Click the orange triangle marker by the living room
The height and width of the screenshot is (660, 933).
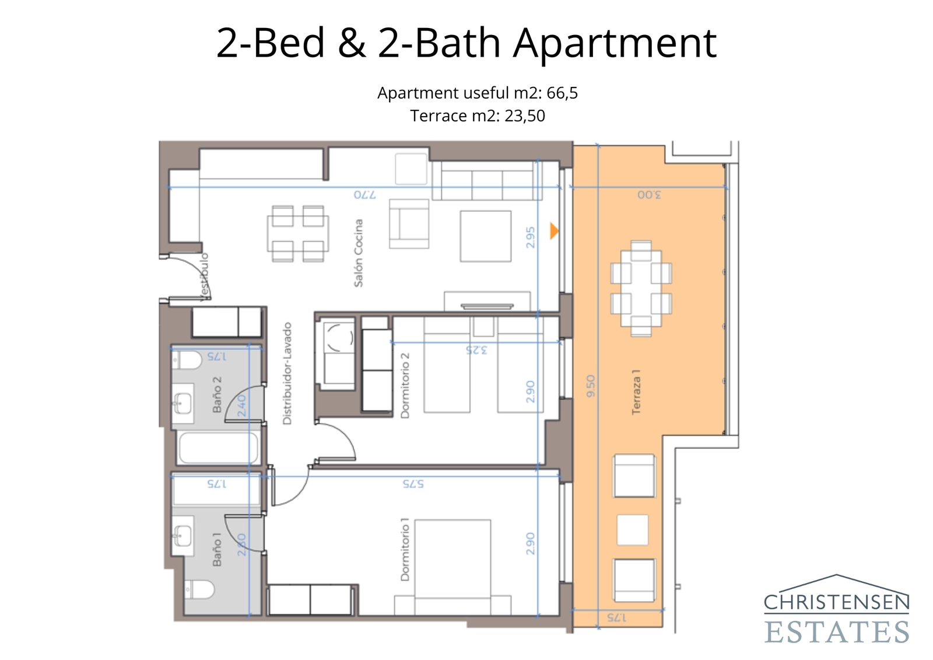tap(554, 231)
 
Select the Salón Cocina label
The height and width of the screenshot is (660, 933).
tap(358, 253)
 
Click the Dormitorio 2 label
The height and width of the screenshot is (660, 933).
tap(405, 386)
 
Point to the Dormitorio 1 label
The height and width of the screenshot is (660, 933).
tap(405, 550)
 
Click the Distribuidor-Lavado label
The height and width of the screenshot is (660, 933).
tap(287, 373)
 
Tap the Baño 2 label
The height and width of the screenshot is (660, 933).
tap(217, 394)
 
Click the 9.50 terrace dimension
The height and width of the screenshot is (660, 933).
tap(590, 386)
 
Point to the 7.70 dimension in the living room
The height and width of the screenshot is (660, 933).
tap(365, 194)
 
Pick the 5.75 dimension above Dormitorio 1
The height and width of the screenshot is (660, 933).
tap(413, 484)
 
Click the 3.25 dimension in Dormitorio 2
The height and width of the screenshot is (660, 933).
tap(476, 350)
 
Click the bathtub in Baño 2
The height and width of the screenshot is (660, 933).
tap(218, 448)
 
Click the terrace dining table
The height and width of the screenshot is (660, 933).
tap(641, 288)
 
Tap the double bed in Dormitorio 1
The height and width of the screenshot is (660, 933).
tap(453, 563)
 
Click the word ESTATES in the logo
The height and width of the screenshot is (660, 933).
tap(836, 632)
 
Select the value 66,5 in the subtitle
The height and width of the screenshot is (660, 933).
tap(562, 93)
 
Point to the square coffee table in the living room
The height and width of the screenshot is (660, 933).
tap(485, 236)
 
